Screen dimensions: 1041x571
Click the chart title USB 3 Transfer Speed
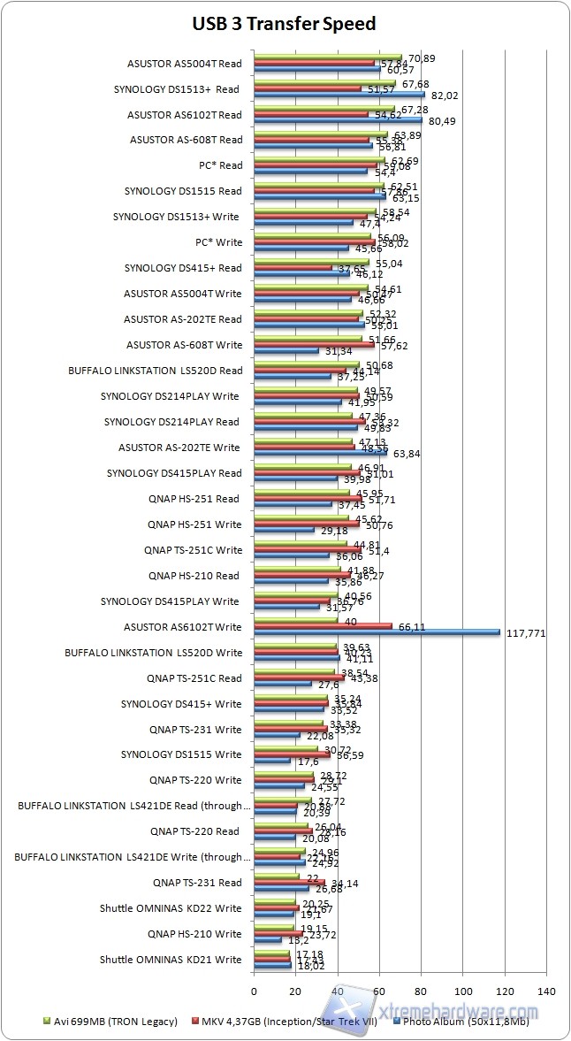pyautogui.click(x=285, y=24)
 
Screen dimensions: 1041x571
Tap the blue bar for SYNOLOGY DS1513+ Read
pyautogui.click(x=339, y=95)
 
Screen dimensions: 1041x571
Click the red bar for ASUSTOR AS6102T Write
pyautogui.click(x=323, y=626)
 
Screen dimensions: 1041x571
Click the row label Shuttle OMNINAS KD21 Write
pyautogui.click(x=171, y=959)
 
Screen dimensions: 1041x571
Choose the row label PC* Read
pyautogui.click(x=220, y=165)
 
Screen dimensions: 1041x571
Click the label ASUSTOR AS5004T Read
pyautogui.click(x=184, y=63)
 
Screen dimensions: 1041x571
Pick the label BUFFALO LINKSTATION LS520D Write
pyautogui.click(x=154, y=653)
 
